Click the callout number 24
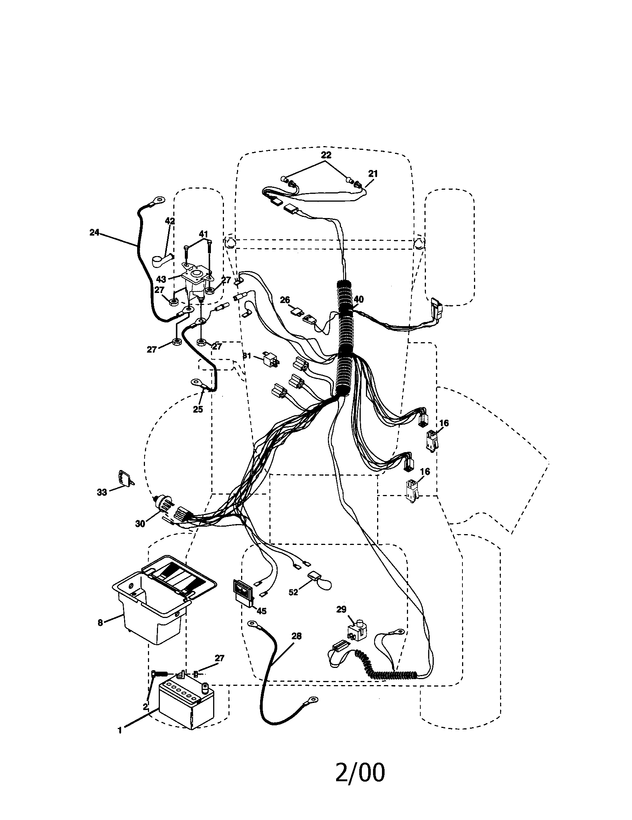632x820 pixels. (94, 233)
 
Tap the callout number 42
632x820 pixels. (170, 221)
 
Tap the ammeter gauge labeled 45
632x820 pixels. (244, 594)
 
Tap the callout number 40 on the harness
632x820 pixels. (358, 299)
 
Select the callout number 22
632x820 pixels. (326, 155)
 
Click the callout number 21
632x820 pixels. (373, 173)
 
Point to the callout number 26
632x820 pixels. (285, 300)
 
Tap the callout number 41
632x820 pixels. (203, 234)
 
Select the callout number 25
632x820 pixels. (198, 409)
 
